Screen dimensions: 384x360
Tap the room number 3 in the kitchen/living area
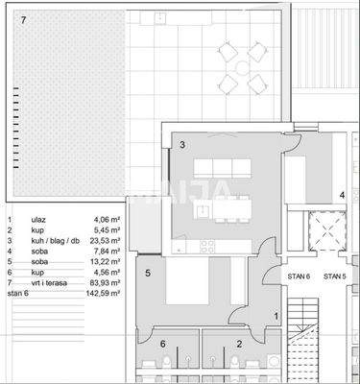[181, 145]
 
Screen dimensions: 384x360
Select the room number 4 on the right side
[341, 195]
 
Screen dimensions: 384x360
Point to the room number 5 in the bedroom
[147, 273]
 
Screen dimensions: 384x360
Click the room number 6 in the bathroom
[162, 343]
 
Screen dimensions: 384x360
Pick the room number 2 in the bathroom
[238, 343]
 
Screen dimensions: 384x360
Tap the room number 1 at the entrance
[276, 315]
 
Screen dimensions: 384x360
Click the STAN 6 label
[300, 277]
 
